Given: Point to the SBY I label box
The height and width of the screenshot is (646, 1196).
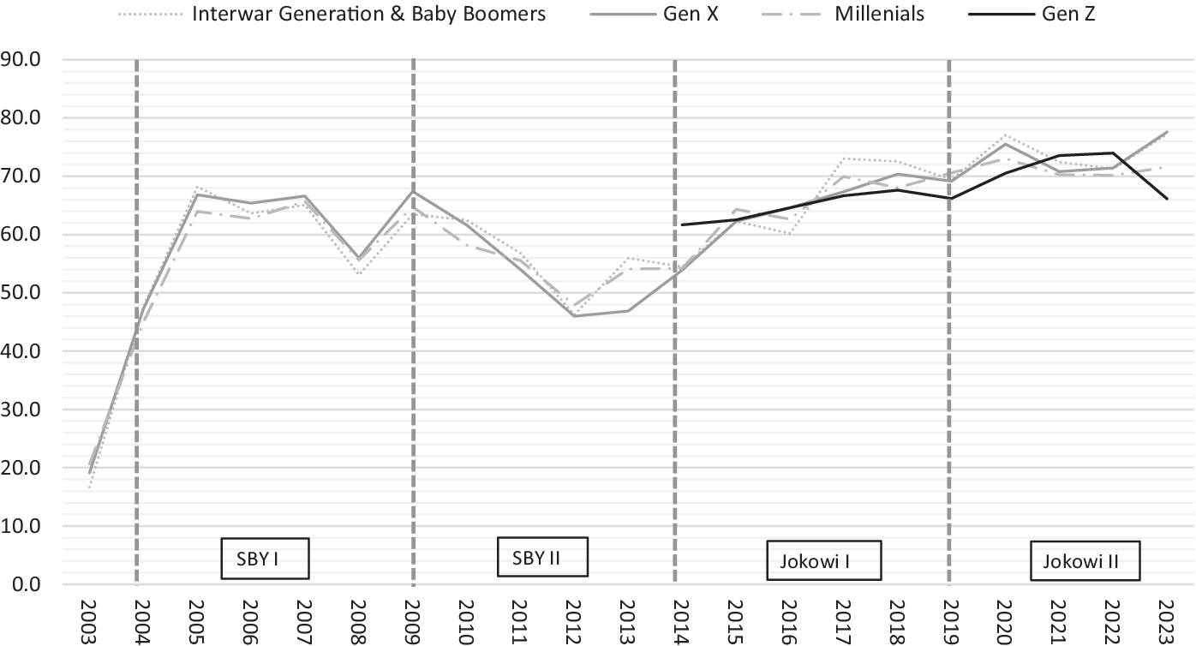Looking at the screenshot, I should pos(264,559).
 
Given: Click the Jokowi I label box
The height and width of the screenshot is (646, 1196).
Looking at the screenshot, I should pos(822,562).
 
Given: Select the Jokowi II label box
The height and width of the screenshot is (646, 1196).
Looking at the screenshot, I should pos(1085,562).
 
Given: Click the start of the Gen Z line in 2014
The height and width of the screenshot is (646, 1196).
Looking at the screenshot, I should pos(681,224).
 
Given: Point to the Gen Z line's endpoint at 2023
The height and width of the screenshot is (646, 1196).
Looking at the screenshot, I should pos(1167,199).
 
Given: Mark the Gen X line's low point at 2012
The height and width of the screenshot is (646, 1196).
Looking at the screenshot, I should pos(573,316).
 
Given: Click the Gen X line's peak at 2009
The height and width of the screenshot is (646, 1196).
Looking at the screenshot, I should pos(413,191).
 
